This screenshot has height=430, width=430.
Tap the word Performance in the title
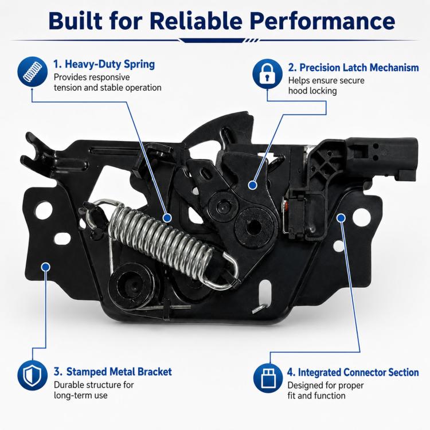click(x=322, y=21)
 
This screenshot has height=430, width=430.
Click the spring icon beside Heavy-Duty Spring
click(x=32, y=72)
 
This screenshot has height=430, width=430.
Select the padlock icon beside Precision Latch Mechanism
click(x=267, y=74)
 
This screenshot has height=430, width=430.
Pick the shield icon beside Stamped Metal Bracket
click(x=32, y=375)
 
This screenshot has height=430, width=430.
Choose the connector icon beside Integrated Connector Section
click(x=268, y=378)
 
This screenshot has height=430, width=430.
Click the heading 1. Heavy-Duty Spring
click(x=104, y=64)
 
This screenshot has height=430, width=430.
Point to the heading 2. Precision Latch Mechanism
click(x=354, y=68)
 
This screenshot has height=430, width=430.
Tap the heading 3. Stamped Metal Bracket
click(x=113, y=372)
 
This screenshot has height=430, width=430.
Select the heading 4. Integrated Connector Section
click(x=353, y=373)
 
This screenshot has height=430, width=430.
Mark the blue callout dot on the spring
click(x=167, y=218)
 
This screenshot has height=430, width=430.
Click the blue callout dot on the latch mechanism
click(x=253, y=185)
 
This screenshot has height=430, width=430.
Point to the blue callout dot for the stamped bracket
click(x=45, y=267)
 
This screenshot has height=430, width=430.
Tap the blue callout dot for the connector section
click(x=341, y=218)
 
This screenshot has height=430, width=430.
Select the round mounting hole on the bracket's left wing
click(x=44, y=210)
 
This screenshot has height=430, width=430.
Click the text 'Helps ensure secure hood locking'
click(x=326, y=85)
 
